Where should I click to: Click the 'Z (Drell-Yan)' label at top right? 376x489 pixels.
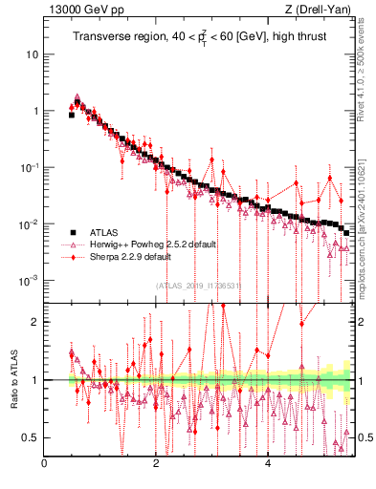point(322,11)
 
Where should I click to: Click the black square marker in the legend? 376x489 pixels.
point(72,231)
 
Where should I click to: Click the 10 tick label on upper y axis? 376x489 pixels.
point(32,54)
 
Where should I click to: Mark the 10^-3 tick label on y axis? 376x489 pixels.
point(29,281)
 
